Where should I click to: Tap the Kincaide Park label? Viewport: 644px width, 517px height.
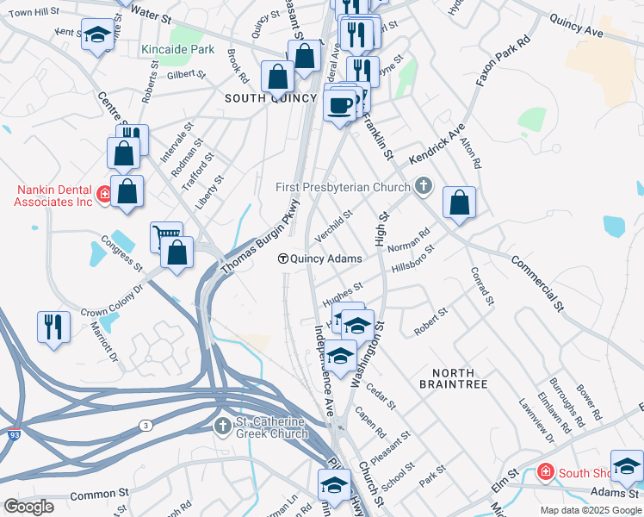tap(178, 50)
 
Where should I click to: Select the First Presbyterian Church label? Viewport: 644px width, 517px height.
tap(344, 187)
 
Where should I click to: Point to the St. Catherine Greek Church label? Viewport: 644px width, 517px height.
tap(272, 427)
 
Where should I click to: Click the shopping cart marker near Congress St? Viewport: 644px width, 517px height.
tap(165, 235)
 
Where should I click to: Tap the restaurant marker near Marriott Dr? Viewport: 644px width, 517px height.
tap(53, 327)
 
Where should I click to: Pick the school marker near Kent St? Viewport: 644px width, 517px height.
tap(97, 35)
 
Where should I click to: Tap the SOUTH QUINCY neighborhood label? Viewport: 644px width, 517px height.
tap(270, 98)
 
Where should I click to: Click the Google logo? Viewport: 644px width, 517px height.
tap(28, 507)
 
